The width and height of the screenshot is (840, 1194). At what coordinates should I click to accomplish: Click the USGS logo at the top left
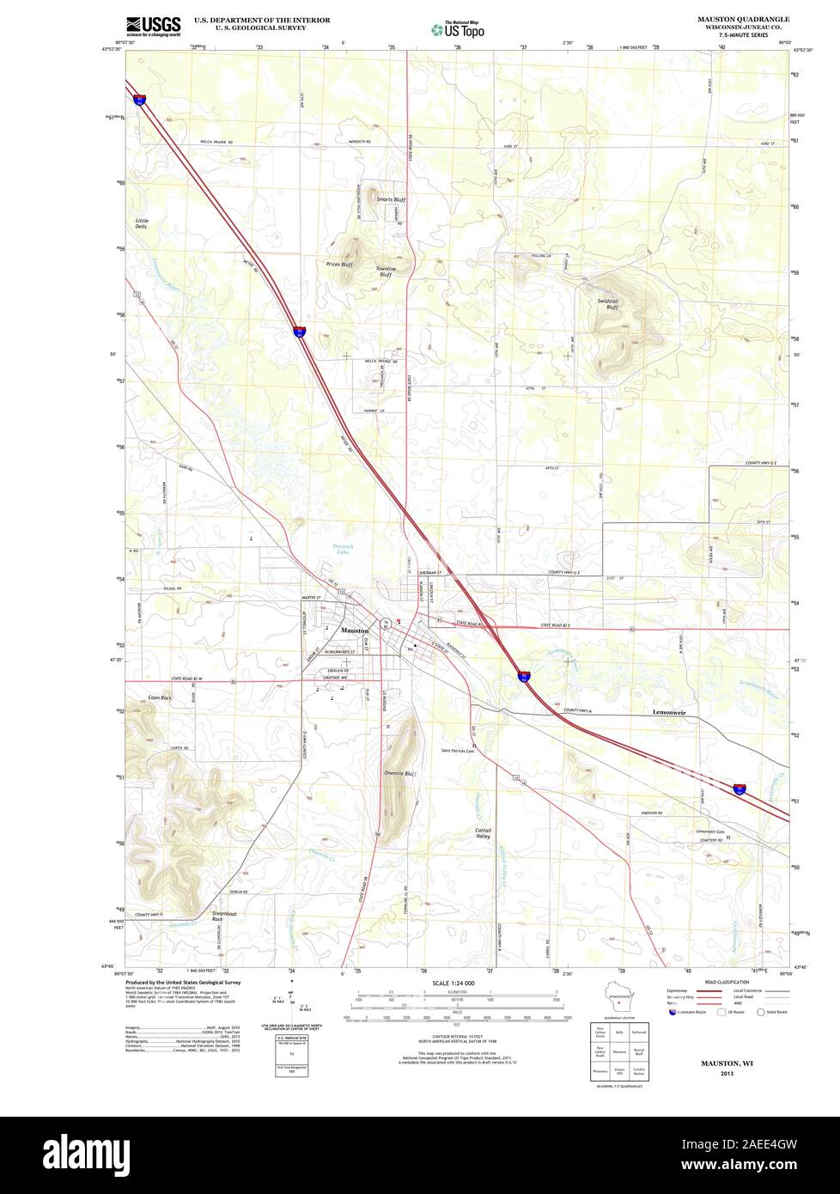pos(154,27)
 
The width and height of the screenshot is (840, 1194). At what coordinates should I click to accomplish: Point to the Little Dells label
pos(141,223)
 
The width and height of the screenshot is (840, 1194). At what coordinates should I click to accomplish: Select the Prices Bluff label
pos(339,264)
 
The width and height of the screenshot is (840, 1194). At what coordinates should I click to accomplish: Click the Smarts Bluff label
pos(391,199)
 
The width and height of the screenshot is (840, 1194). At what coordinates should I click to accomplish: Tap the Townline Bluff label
pos(386,271)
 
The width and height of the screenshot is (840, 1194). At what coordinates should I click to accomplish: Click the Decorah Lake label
pos(343,551)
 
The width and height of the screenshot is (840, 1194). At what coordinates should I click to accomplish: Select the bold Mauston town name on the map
pos(355,631)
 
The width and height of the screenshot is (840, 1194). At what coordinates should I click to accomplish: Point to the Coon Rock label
pos(160,698)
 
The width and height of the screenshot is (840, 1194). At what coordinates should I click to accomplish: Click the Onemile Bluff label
pos(399,774)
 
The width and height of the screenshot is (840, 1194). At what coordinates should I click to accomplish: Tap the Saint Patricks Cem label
pos(458,750)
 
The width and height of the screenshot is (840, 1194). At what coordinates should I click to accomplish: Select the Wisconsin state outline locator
pos(614,1002)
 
